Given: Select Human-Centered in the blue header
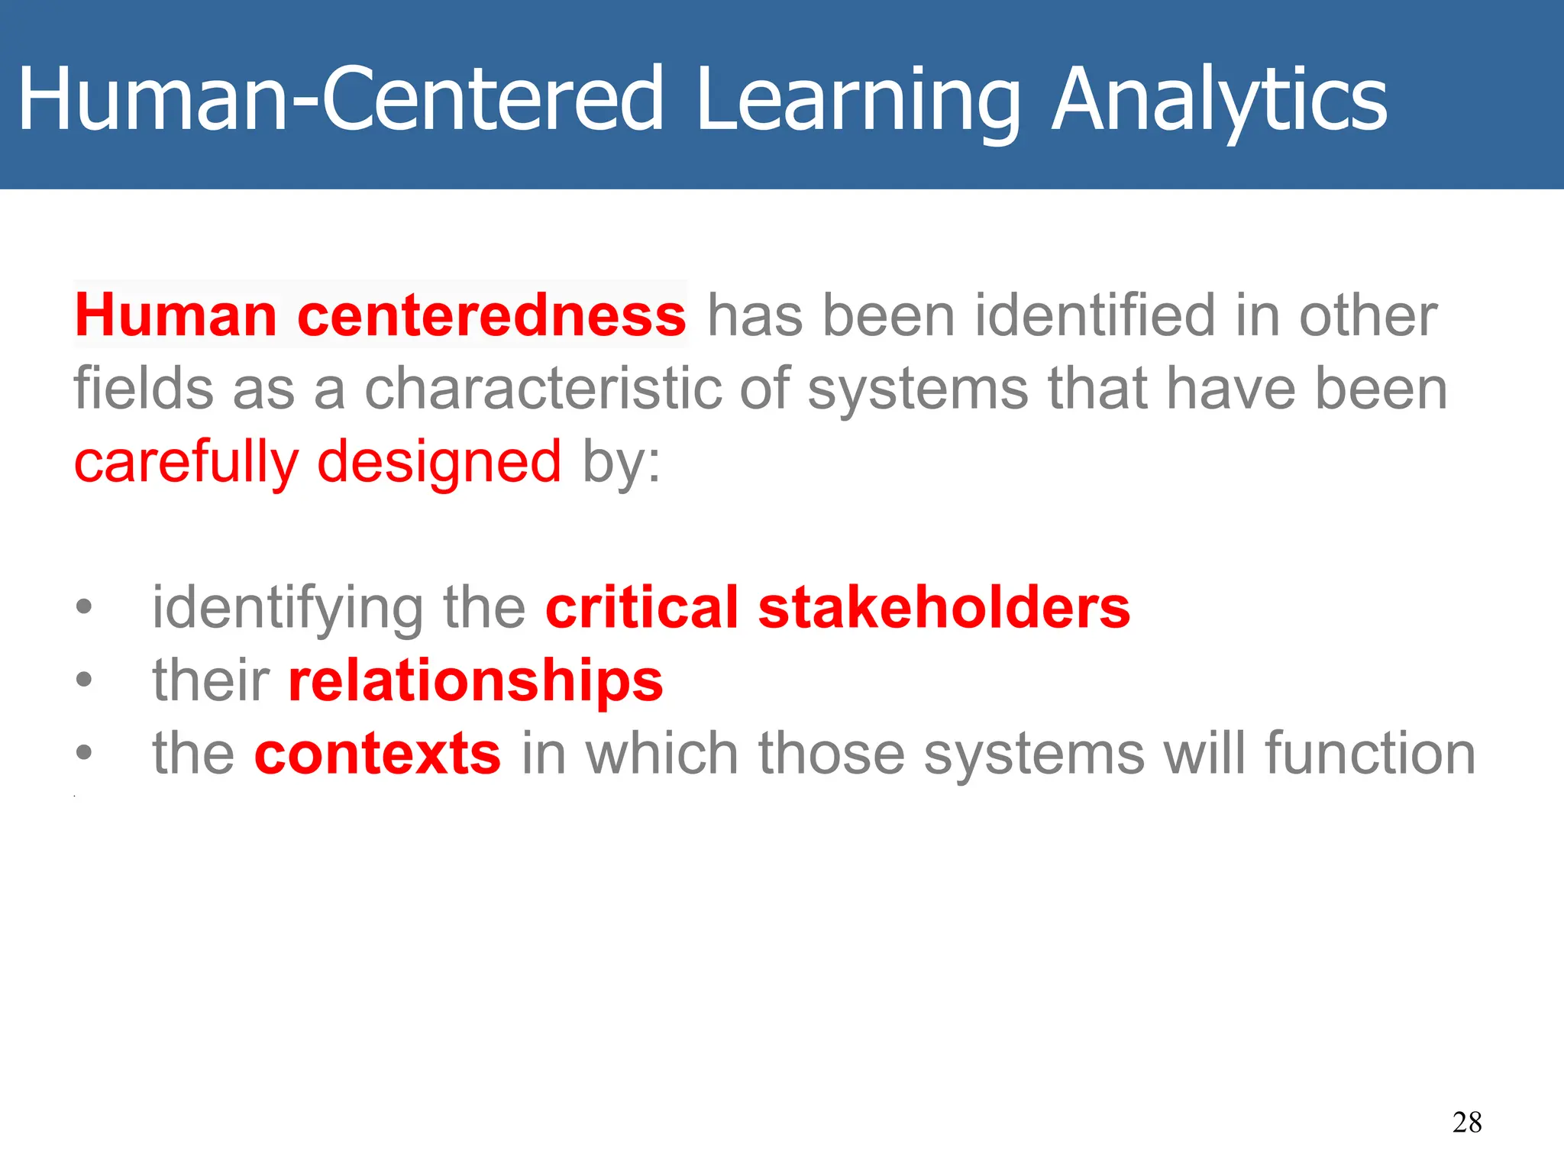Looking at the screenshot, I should [341, 99].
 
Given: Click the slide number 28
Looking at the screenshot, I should [1467, 1122].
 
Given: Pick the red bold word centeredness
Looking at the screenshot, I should [491, 315].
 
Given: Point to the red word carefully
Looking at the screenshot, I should [186, 462].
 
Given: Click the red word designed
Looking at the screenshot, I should [439, 462].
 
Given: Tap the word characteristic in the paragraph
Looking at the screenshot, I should [542, 389].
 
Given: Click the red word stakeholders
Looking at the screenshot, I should [944, 608].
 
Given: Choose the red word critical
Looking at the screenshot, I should [641, 608].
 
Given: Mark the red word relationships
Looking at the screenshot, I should [475, 680].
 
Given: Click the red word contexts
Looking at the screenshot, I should [377, 754].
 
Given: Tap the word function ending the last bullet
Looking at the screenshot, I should [1370, 754].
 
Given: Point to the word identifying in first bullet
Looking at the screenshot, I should [287, 609].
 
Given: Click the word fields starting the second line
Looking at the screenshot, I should [143, 389].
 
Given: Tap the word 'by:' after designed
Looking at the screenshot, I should [621, 463].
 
